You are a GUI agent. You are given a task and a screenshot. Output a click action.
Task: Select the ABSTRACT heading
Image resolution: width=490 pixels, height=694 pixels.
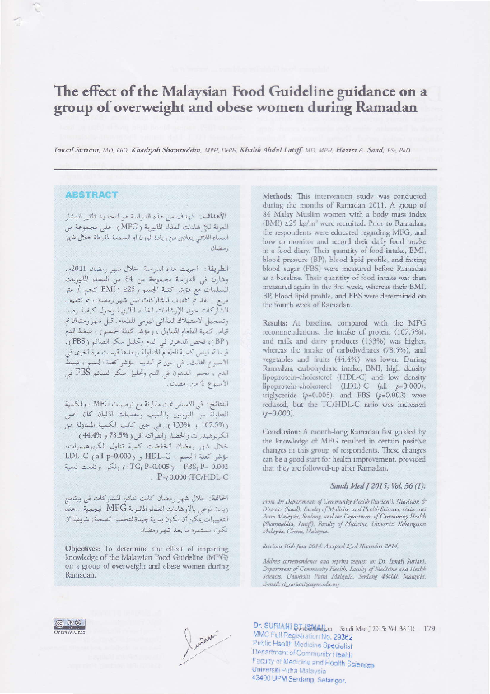tap(92, 195)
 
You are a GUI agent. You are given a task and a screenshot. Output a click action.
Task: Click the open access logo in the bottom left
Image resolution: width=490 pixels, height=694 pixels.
tap(70, 647)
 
